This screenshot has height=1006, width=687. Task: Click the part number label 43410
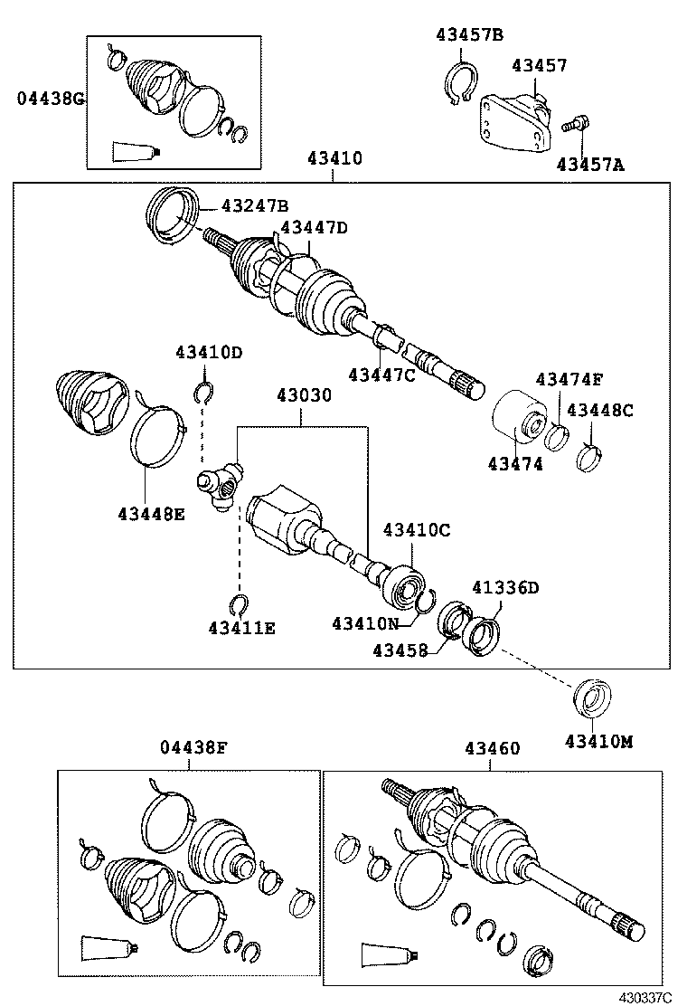click(x=334, y=158)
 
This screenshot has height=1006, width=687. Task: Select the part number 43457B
click(x=469, y=35)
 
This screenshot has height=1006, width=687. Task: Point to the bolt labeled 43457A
click(x=573, y=125)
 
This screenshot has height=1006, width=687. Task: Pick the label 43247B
click(x=231, y=205)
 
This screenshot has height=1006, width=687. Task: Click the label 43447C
click(x=381, y=375)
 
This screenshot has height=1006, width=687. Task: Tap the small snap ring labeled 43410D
click(x=203, y=391)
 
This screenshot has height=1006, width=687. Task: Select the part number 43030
click(x=304, y=395)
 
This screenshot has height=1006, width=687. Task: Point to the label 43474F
click(x=569, y=379)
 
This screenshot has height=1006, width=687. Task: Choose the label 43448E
click(x=150, y=515)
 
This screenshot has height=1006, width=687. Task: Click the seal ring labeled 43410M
click(x=593, y=700)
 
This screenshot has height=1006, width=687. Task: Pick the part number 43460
click(x=493, y=748)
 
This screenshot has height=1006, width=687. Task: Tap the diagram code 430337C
click(x=645, y=997)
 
